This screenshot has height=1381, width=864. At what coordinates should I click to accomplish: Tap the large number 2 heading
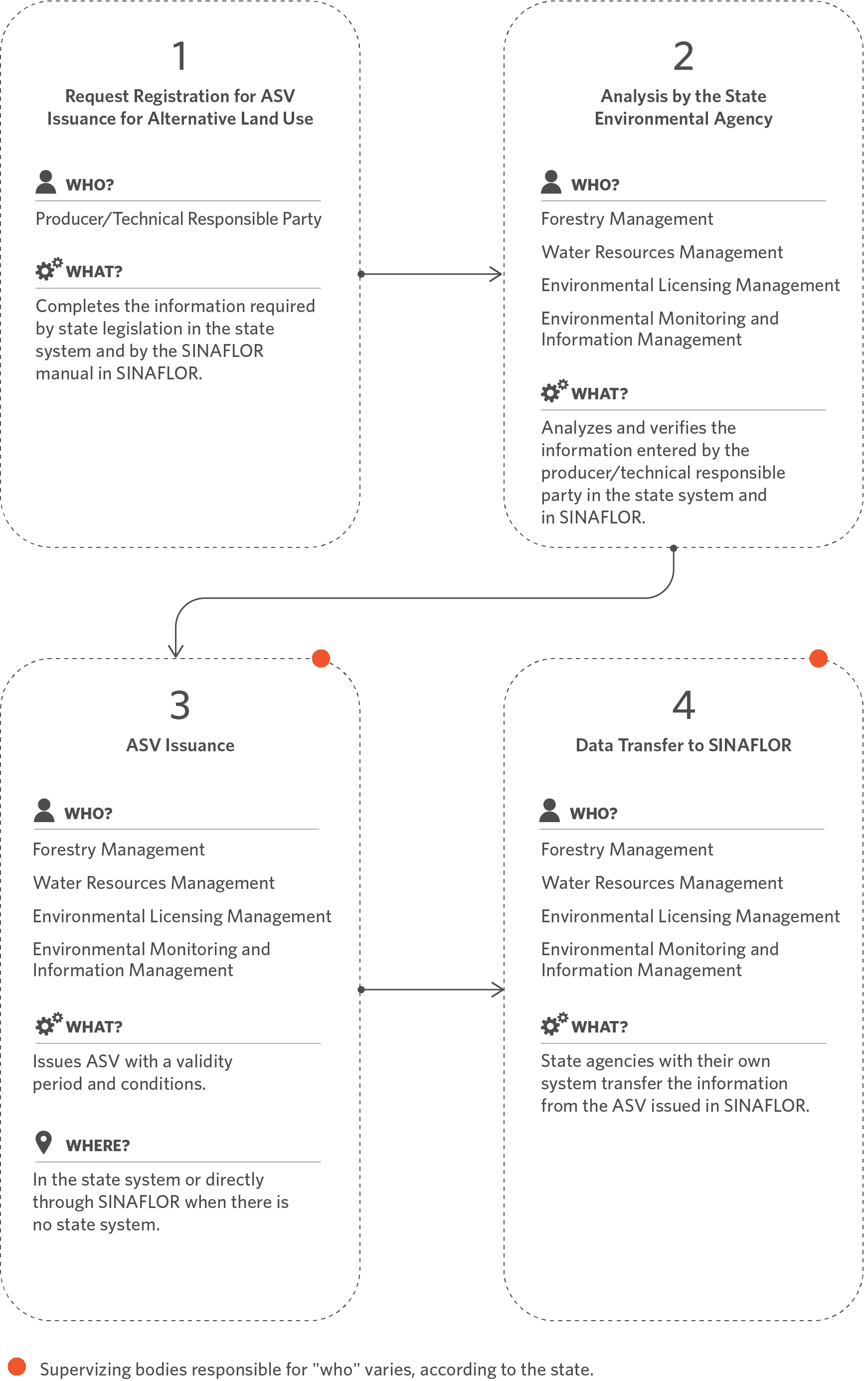pyautogui.click(x=684, y=56)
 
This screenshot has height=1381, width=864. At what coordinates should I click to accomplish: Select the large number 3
pyautogui.click(x=180, y=705)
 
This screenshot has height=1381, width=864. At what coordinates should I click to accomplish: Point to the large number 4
pyautogui.click(x=684, y=705)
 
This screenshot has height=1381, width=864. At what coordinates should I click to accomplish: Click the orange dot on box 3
pyautogui.click(x=321, y=658)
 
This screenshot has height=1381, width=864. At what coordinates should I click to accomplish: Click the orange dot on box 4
pyautogui.click(x=819, y=658)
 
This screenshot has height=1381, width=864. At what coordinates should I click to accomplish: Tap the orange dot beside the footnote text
pyautogui.click(x=17, y=1366)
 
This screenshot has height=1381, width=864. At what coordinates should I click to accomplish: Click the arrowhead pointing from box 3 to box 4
pyautogui.click(x=498, y=990)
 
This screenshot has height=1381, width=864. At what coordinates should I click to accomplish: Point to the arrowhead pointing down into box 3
pyautogui.click(x=175, y=651)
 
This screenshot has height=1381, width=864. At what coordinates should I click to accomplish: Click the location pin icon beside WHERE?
pyautogui.click(x=44, y=1143)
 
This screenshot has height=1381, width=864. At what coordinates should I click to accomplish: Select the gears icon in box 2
pyautogui.click(x=554, y=391)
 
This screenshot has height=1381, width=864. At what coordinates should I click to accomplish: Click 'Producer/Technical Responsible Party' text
pyautogui.click(x=179, y=219)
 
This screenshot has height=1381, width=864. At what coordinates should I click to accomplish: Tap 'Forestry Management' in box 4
pyautogui.click(x=627, y=850)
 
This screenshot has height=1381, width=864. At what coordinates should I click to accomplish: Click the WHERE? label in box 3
pyautogui.click(x=98, y=1146)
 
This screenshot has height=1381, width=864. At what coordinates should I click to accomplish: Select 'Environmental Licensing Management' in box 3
pyautogui.click(x=181, y=916)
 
